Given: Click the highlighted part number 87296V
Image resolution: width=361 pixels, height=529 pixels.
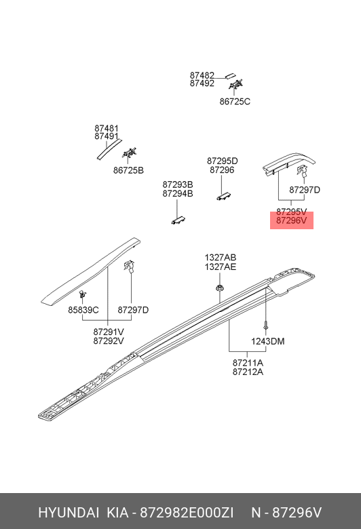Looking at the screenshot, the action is coord(291,220).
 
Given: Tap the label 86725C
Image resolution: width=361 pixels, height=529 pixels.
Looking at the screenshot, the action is coord(235,102).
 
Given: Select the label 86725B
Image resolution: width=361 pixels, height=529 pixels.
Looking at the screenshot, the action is coord(128,170).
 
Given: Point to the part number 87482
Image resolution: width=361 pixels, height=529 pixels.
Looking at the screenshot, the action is coord(202,75).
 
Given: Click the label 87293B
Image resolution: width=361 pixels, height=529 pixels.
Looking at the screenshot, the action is coord(178,185).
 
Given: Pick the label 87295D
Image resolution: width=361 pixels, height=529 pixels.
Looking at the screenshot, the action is coord(222,161).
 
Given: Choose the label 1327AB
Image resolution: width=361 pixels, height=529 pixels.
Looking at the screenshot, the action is coord(221,258).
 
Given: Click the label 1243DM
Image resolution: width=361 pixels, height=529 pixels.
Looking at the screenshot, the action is coord(268,341).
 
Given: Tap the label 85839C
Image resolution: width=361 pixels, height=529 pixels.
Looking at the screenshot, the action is coord(83,310).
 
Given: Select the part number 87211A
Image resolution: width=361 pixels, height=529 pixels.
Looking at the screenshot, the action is coord(248,363).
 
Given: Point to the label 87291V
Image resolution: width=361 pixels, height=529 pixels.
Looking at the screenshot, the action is coord(109,332).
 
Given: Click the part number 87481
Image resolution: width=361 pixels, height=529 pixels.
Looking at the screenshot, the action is coord(107,129).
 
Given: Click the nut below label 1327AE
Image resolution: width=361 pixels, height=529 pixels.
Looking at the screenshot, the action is coord(220,288).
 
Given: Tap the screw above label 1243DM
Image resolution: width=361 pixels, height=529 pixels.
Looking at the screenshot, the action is coord(266,326).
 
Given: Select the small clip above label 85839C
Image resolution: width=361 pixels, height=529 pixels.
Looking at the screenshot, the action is coord(82,294).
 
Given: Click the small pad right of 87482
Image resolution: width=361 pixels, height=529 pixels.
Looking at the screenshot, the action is coord(231,75).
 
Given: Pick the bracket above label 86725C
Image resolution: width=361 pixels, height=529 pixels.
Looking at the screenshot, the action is coord(235,84).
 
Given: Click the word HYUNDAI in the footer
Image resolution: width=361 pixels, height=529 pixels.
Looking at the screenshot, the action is coord(69,513).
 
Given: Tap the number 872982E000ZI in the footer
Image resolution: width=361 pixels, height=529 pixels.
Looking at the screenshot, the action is coord(187,513).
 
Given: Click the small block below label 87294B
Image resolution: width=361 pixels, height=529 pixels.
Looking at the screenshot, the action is coord(178,220).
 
